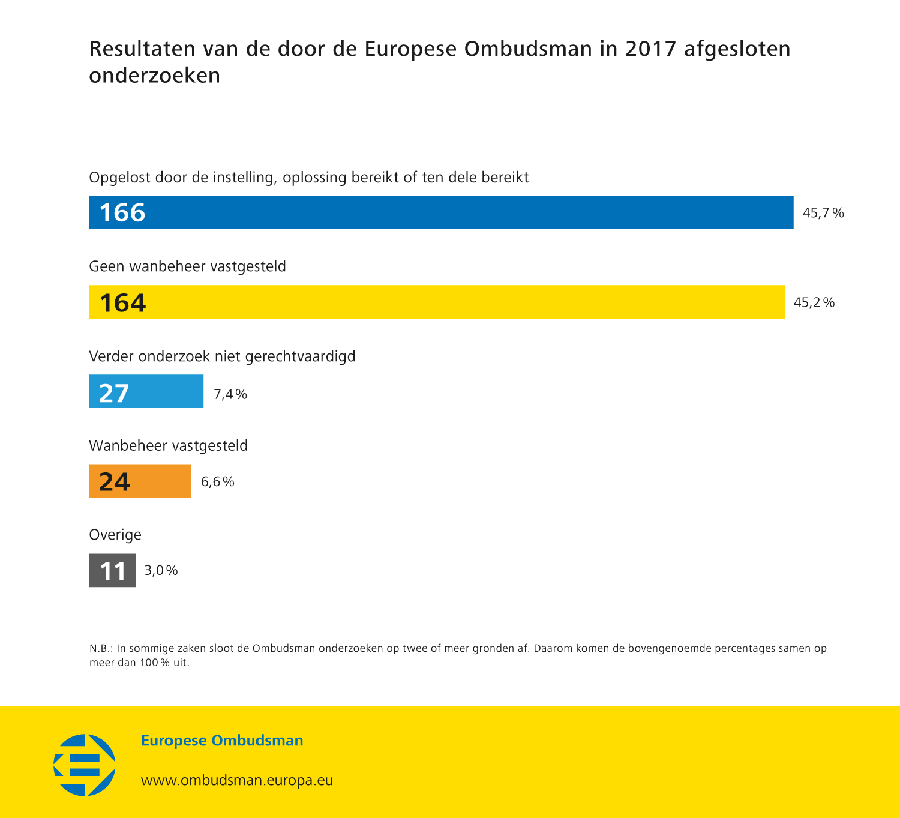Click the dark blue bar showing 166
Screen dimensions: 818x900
(441, 212)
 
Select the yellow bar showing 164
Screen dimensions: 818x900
(437, 302)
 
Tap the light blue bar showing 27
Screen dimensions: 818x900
(146, 391)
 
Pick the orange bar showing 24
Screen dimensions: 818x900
(140, 481)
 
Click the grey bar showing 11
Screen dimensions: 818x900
(112, 570)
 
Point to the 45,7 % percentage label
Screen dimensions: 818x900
(823, 213)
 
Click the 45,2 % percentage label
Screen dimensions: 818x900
(814, 302)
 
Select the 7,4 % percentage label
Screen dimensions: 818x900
(230, 394)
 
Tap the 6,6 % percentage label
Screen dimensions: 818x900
(218, 482)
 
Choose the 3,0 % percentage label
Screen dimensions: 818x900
(161, 570)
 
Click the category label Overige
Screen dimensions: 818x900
(115, 535)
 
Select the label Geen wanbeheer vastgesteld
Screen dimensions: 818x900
(187, 266)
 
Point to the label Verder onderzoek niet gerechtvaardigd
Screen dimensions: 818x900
(222, 356)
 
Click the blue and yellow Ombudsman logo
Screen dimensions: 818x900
(85, 765)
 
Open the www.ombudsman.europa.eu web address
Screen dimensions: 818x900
(237, 780)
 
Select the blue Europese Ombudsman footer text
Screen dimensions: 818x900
(222, 741)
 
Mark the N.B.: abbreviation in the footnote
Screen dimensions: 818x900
(101, 649)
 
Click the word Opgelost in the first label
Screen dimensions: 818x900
(119, 178)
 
